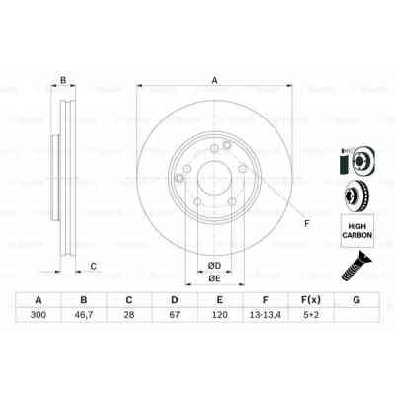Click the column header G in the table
(356, 300)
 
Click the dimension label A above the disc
(213, 82)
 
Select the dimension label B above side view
(62, 82)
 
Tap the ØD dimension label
(213, 264)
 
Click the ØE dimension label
(213, 278)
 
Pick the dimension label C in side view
(93, 265)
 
